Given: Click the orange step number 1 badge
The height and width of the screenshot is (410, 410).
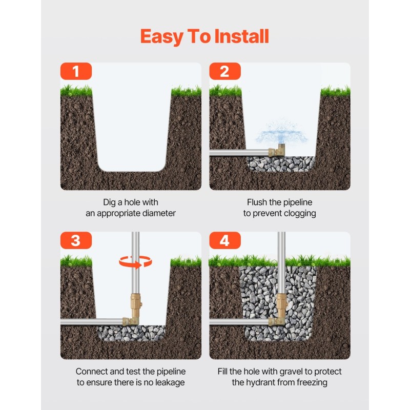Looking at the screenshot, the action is [76, 71].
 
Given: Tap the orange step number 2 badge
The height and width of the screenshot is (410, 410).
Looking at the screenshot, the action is [225, 71].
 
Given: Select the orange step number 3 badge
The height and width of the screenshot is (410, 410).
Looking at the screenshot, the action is [76, 240].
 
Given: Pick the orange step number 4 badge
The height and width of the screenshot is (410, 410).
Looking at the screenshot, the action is [225, 240].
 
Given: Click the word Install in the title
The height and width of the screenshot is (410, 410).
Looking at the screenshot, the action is [241, 36].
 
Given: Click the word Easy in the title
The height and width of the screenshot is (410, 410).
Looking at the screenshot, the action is [162, 36].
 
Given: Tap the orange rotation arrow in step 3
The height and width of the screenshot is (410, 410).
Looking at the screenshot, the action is [135, 262].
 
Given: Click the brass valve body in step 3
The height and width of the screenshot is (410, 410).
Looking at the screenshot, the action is [136, 304].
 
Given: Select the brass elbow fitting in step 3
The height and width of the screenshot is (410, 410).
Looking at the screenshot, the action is [131, 321].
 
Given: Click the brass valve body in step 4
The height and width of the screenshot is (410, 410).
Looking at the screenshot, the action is [282, 304].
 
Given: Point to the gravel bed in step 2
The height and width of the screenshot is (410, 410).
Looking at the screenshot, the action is [281, 164].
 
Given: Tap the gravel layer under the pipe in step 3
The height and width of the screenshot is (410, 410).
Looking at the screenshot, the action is [131, 333].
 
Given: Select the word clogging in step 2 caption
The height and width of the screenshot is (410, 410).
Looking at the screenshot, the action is [300, 214].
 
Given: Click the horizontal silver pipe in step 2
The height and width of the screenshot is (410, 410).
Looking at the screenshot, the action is [239, 152].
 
